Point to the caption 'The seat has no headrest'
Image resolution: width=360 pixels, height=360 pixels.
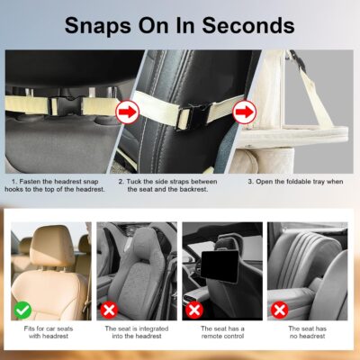[307, 336]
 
